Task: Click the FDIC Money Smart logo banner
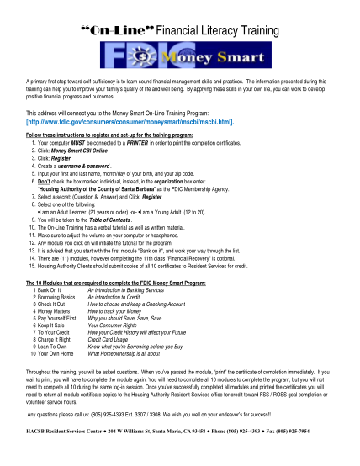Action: [x=180, y=60]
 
